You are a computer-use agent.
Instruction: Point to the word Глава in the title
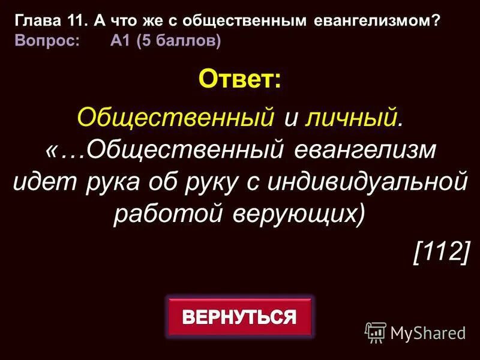pyautogui.click(x=35, y=21)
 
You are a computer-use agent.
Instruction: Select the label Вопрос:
pyautogui.click(x=43, y=40)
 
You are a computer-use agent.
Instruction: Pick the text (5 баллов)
pyautogui.click(x=178, y=40)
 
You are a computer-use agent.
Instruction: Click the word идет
pyautogui.click(x=37, y=180)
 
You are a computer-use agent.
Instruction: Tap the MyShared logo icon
pyautogui.click(x=376, y=332)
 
